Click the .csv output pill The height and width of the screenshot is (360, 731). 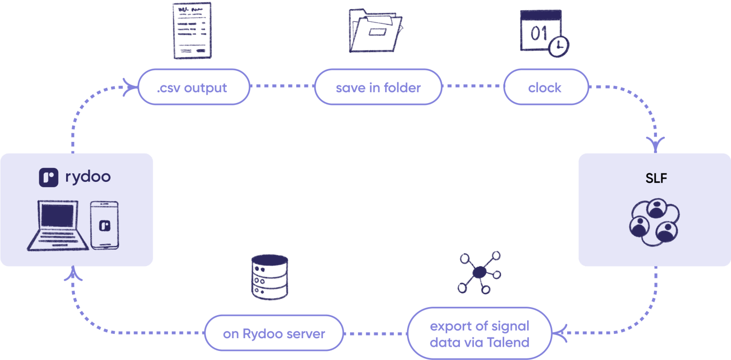[x=194, y=87]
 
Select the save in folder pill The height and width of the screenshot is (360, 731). [x=378, y=87]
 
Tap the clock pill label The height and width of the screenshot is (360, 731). [x=544, y=87]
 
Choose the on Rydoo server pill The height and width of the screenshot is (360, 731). [x=274, y=334]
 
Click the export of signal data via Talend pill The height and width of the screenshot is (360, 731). [x=479, y=334]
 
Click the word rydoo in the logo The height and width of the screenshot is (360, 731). [x=88, y=177]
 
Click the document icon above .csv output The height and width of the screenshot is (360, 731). [x=192, y=30]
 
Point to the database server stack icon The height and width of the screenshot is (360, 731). [x=269, y=276]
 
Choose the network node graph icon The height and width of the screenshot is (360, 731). [x=479, y=273]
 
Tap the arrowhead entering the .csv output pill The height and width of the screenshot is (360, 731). [x=129, y=87]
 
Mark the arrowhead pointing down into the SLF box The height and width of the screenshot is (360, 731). [x=656, y=144]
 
